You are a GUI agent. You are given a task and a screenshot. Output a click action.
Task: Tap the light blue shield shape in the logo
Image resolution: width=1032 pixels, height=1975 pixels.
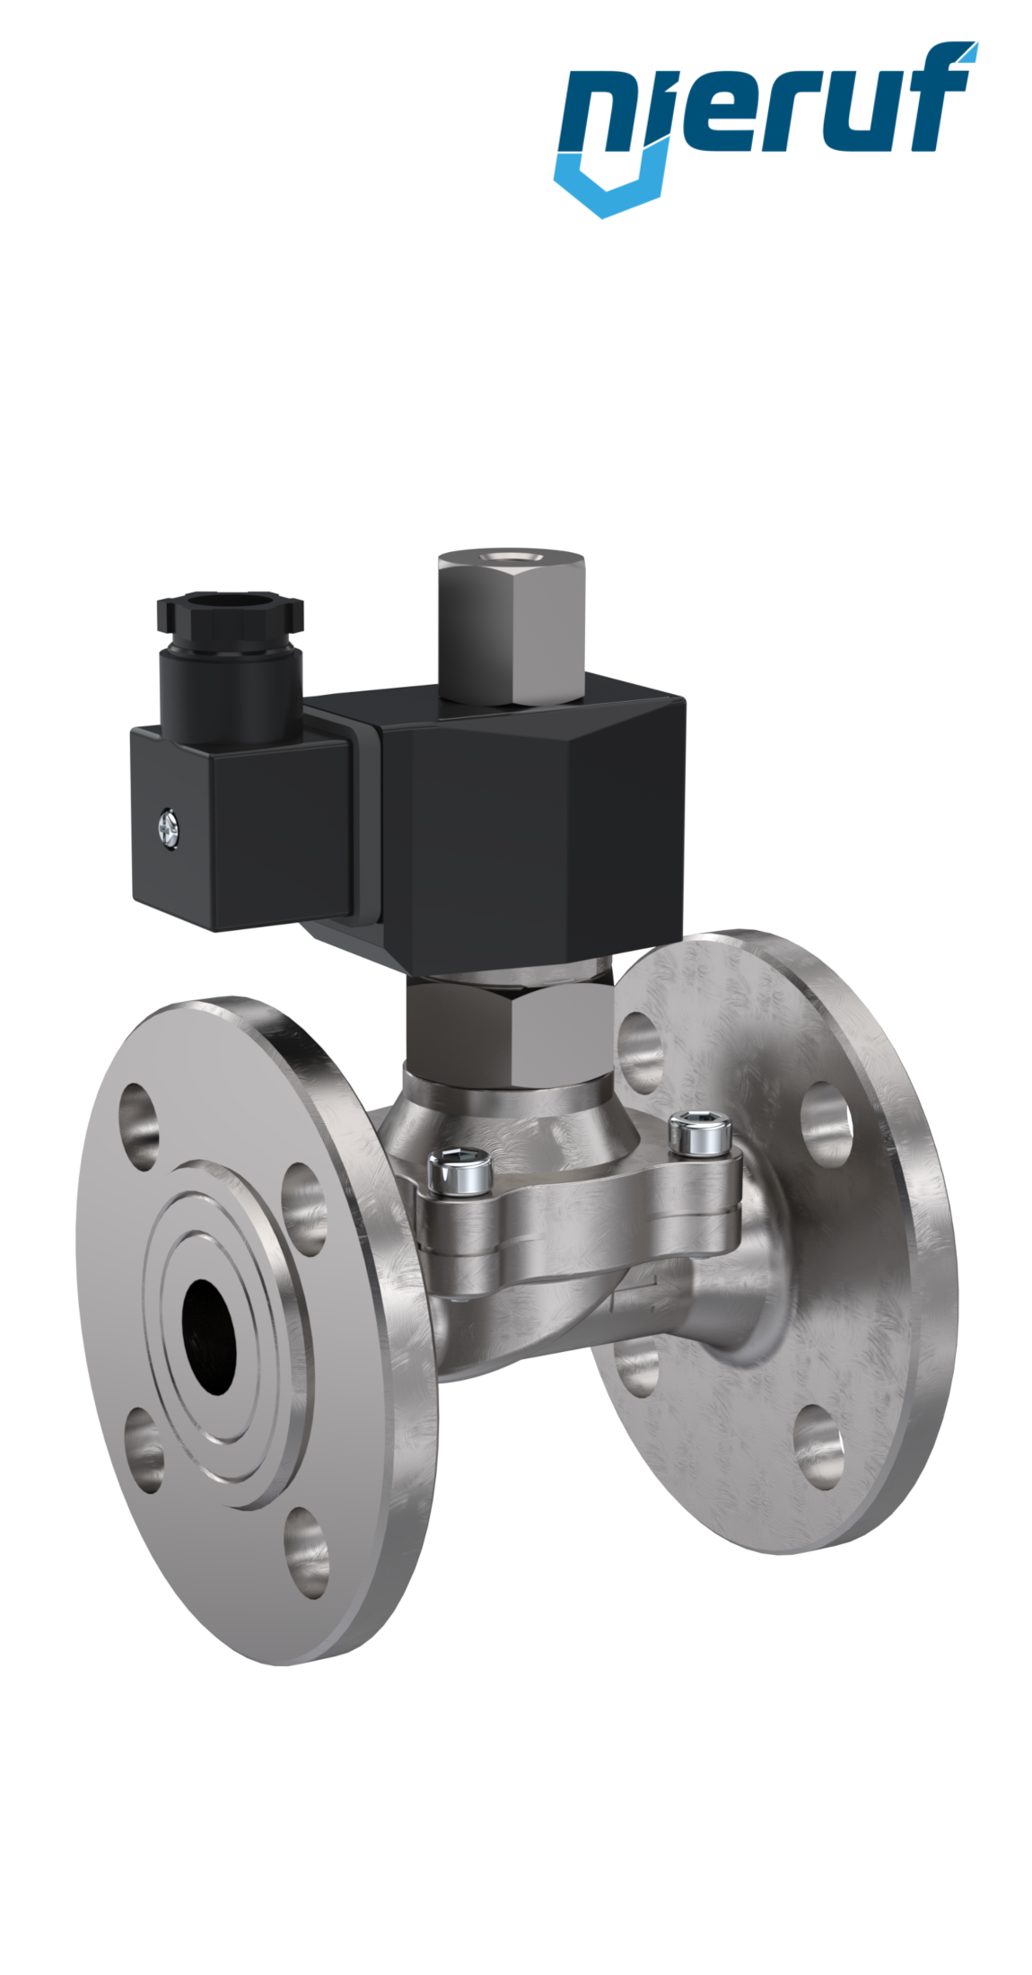(610, 184)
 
